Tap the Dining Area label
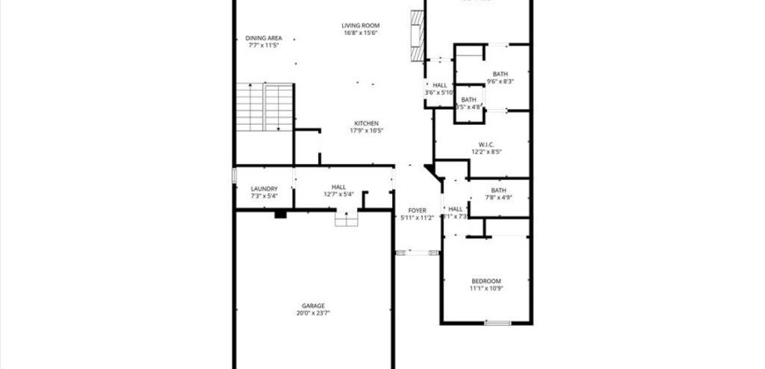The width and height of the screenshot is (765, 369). pyautogui.click(x=264, y=38)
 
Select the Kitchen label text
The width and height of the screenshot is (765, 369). pyautogui.click(x=367, y=123)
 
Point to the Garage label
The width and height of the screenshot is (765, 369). pyautogui.click(x=314, y=306)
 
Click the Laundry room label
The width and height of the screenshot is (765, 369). pyautogui.click(x=265, y=188)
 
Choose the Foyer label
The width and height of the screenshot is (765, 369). pyautogui.click(x=417, y=210)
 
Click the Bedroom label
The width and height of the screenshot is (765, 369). pyautogui.click(x=486, y=280)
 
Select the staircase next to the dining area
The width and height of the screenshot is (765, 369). pyautogui.click(x=264, y=107)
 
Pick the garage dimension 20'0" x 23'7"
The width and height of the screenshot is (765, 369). pyautogui.click(x=314, y=313)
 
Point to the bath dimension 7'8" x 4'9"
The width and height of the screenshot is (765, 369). pyautogui.click(x=499, y=198)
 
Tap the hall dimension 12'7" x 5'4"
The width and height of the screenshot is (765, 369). pyautogui.click(x=338, y=194)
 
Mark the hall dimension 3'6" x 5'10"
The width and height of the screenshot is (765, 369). pyautogui.click(x=440, y=92)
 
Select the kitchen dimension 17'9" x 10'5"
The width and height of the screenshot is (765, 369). pyautogui.click(x=367, y=131)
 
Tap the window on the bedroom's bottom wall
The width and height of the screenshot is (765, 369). pyautogui.click(x=498, y=322)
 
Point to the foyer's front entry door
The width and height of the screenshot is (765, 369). pyautogui.click(x=417, y=252)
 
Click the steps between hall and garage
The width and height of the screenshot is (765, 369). pyautogui.click(x=347, y=219)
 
